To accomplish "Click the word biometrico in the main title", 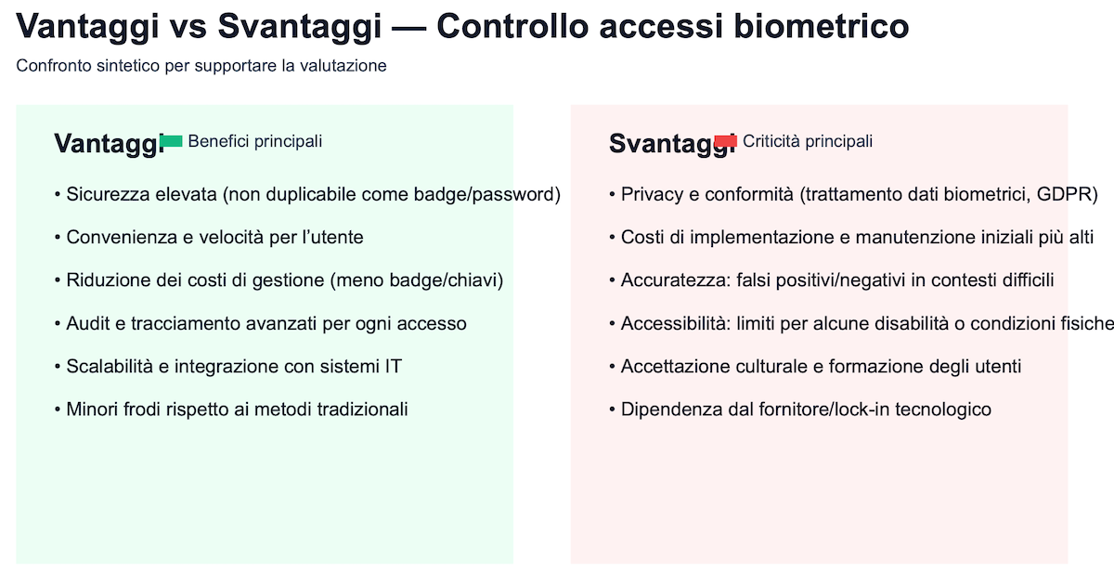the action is pyautogui.click(x=821, y=26).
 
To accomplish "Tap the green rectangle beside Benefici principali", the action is pyautogui.click(x=172, y=141).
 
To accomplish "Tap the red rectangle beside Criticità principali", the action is pyautogui.click(x=726, y=141).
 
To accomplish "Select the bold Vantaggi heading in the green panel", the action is pyautogui.click(x=109, y=144).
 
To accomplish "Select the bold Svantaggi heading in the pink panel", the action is pyautogui.click(x=672, y=144).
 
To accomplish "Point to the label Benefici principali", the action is pyautogui.click(x=255, y=141).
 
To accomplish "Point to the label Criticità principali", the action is pyautogui.click(x=808, y=141).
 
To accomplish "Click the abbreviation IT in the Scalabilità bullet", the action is pyautogui.click(x=394, y=367).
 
